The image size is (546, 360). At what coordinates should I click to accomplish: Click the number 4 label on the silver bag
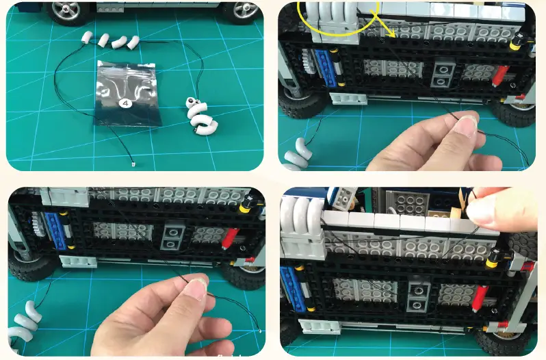click(x=125, y=103)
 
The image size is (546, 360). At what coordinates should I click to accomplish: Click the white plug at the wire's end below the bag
click(x=133, y=164)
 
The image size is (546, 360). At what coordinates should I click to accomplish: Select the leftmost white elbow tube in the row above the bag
click(x=87, y=37)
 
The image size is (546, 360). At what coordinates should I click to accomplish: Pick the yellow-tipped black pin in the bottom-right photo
click(x=494, y=259)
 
